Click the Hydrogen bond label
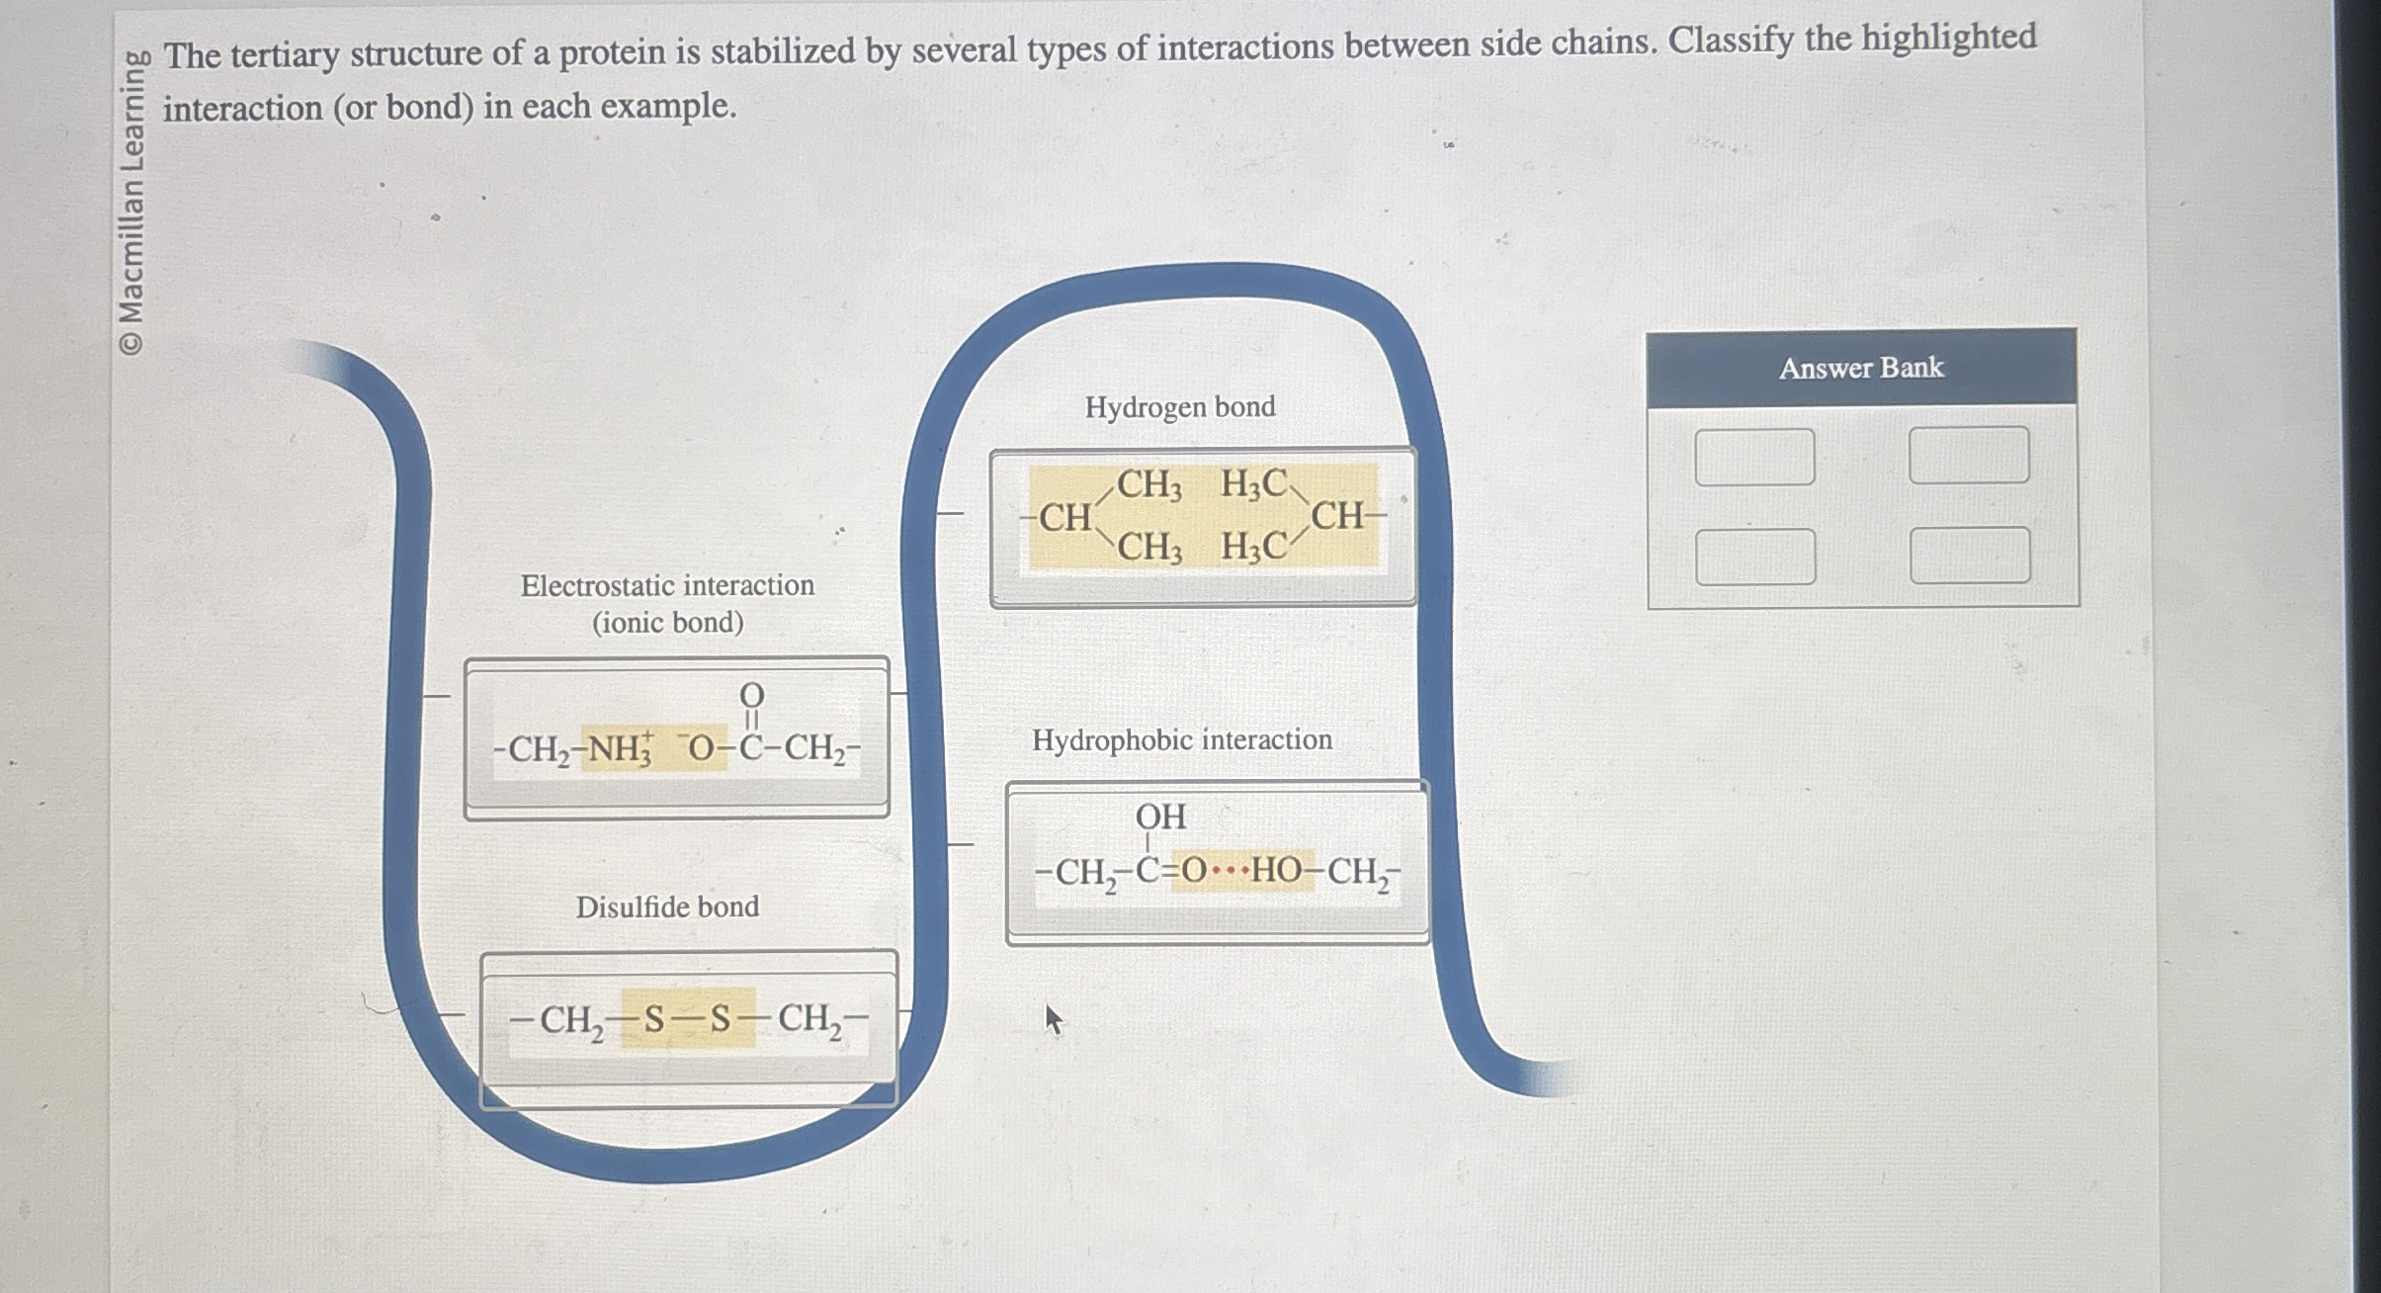click(1180, 407)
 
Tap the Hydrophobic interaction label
click(1182, 740)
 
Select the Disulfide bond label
click(667, 907)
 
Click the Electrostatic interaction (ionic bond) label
click(667, 604)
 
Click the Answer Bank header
click(1861, 368)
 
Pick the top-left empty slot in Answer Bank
click(1754, 457)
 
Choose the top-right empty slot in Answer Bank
click(1969, 455)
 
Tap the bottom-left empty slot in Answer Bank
click(1755, 557)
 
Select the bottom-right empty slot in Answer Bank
click(1970, 556)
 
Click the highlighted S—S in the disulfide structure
click(688, 1018)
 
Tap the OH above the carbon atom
click(1160, 818)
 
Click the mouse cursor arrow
click(1053, 1018)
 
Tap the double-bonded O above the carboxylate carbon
click(752, 696)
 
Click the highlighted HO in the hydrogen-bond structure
click(1276, 871)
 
